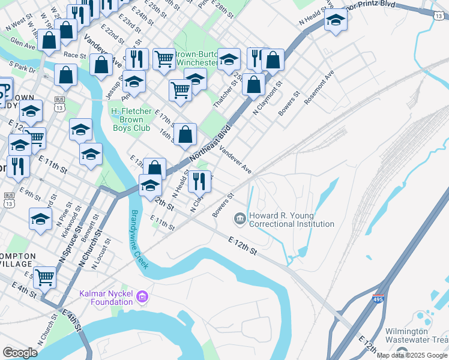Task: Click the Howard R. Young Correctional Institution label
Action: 291,220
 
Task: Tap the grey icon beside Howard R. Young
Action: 240,218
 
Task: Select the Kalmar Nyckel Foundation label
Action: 106,298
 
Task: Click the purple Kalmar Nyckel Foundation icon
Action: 142,296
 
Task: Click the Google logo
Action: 20,352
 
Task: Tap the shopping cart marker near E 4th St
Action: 45,277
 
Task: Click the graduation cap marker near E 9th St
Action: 40,219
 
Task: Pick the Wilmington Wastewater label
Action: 415,335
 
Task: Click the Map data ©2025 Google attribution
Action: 412,355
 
